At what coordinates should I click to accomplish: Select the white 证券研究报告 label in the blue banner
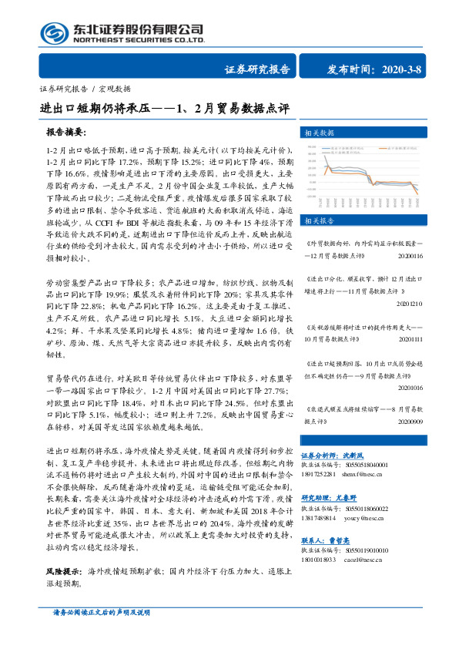tap(257, 69)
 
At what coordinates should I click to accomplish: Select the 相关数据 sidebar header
tap(321, 133)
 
